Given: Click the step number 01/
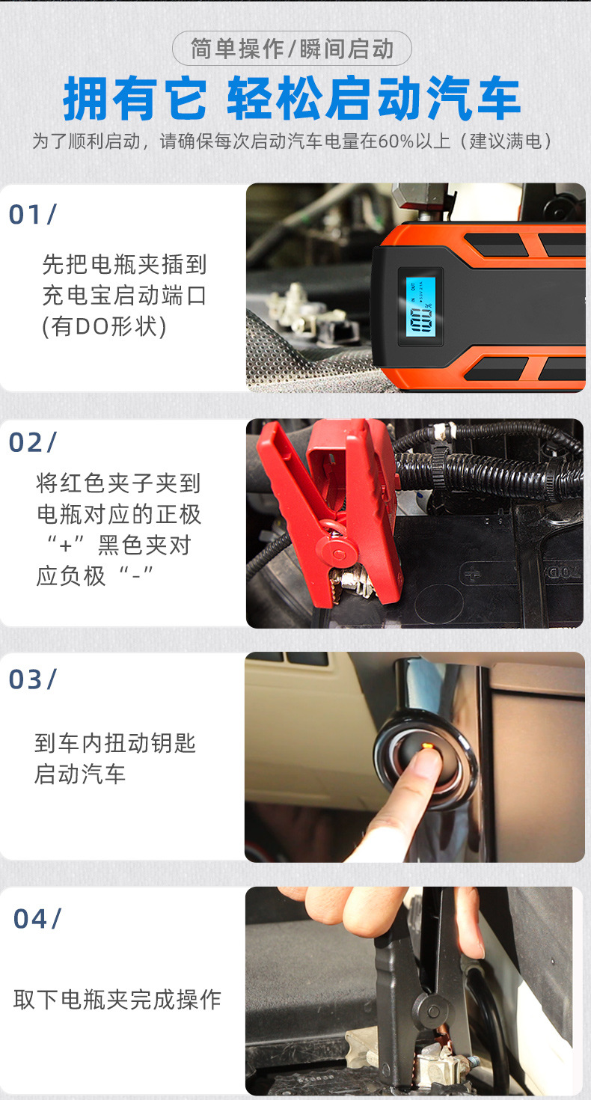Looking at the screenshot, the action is (x=32, y=215).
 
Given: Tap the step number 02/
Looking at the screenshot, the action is (x=32, y=442).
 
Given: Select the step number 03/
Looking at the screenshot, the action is (x=32, y=679).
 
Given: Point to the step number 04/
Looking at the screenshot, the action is (x=37, y=919).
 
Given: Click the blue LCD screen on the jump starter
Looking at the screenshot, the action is (x=420, y=307).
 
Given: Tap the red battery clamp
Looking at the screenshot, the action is (x=329, y=510).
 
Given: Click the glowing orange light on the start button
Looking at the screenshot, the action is (x=427, y=747).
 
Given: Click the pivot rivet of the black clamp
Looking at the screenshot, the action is (x=433, y=1012).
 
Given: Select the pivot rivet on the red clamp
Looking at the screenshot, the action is (x=339, y=554).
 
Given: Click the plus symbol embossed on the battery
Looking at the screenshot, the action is (x=472, y=573).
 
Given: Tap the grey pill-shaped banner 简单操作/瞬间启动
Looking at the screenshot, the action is (x=292, y=49).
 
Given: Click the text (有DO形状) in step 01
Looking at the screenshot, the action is (x=104, y=326).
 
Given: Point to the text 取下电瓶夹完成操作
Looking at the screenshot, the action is (x=117, y=999).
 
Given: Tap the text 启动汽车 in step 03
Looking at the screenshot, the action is (x=79, y=774).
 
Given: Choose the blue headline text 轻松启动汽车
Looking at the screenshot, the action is (x=373, y=98).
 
